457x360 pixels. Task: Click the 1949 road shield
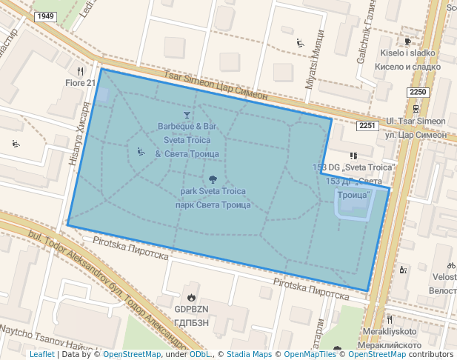(46, 16)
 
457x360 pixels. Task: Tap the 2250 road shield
(418, 92)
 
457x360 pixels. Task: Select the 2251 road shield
(368, 125)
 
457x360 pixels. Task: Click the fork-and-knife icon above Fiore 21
(81, 71)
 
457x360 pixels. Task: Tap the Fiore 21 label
(81, 83)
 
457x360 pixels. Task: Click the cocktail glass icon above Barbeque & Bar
(187, 115)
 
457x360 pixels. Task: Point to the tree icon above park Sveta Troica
(213, 179)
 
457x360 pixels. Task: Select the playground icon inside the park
(141, 152)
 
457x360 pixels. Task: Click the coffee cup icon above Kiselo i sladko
(407, 41)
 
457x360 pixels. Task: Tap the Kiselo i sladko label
(410, 53)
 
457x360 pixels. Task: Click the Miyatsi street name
(310, 66)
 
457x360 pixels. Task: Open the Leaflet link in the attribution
(41, 354)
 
